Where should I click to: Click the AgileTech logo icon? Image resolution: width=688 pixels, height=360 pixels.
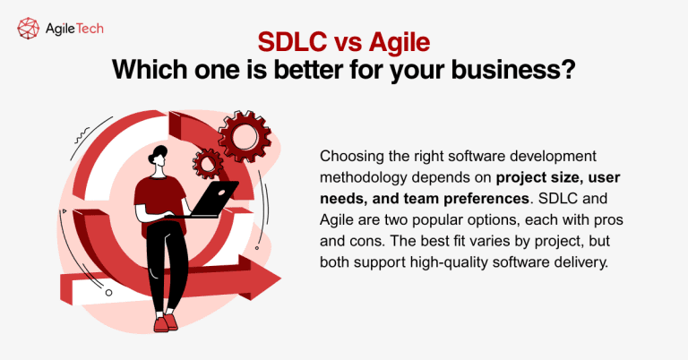click(29, 29)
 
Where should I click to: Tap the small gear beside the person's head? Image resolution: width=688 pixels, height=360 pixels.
click(208, 162)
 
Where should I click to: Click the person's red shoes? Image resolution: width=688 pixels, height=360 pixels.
click(162, 322)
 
